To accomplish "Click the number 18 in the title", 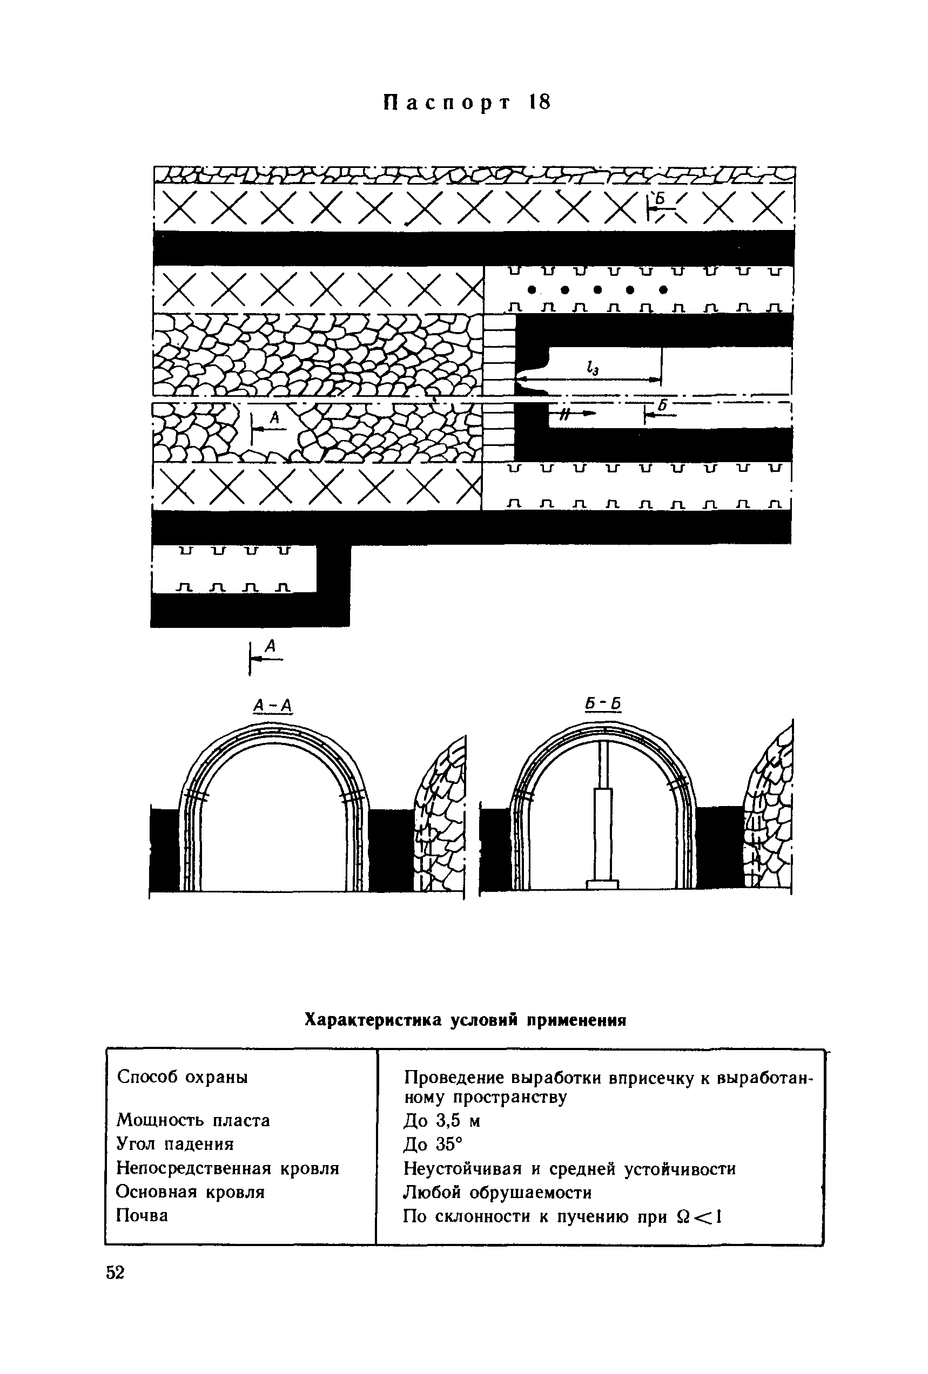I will [540, 102].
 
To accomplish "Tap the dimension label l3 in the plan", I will [592, 368].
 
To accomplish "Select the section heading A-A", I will [273, 705].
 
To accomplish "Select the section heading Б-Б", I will [603, 704].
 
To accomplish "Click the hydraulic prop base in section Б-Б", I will [602, 884].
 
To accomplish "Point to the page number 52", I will [116, 1273].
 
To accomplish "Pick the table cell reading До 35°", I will [432, 1145].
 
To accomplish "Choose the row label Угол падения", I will [175, 1144].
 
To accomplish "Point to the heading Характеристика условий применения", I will [465, 1020].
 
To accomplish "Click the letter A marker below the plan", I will [270, 647].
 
